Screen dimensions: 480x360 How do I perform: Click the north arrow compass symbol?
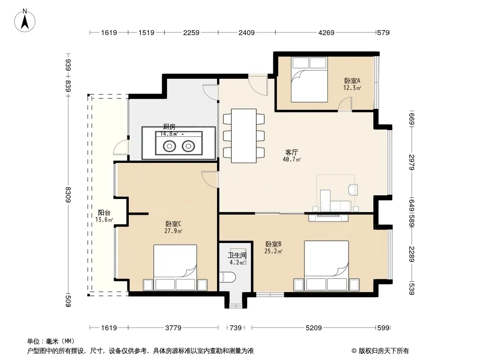[25, 20]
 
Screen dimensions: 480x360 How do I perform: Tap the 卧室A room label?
[352, 81]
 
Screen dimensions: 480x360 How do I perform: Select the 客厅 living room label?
[291, 152]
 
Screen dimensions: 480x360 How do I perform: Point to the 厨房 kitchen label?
[169, 126]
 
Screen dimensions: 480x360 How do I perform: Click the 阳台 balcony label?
[104, 212]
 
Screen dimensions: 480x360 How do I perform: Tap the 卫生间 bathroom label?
[237, 256]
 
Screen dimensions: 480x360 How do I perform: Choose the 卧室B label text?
[273, 244]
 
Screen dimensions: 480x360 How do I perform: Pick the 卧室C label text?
[173, 224]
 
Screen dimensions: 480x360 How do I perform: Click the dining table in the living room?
[244, 136]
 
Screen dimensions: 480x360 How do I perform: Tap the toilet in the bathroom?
[227, 277]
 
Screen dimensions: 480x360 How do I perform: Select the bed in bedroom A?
[309, 80]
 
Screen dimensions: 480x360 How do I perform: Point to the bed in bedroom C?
[175, 267]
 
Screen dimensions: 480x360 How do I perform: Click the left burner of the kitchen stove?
[169, 146]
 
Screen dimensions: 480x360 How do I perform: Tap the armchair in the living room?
[353, 189]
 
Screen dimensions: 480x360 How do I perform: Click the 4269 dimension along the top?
[326, 32]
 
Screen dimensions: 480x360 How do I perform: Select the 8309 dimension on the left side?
[68, 194]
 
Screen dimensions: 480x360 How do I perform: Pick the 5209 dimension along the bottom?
[314, 328]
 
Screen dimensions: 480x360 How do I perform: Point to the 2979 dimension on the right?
[412, 162]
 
